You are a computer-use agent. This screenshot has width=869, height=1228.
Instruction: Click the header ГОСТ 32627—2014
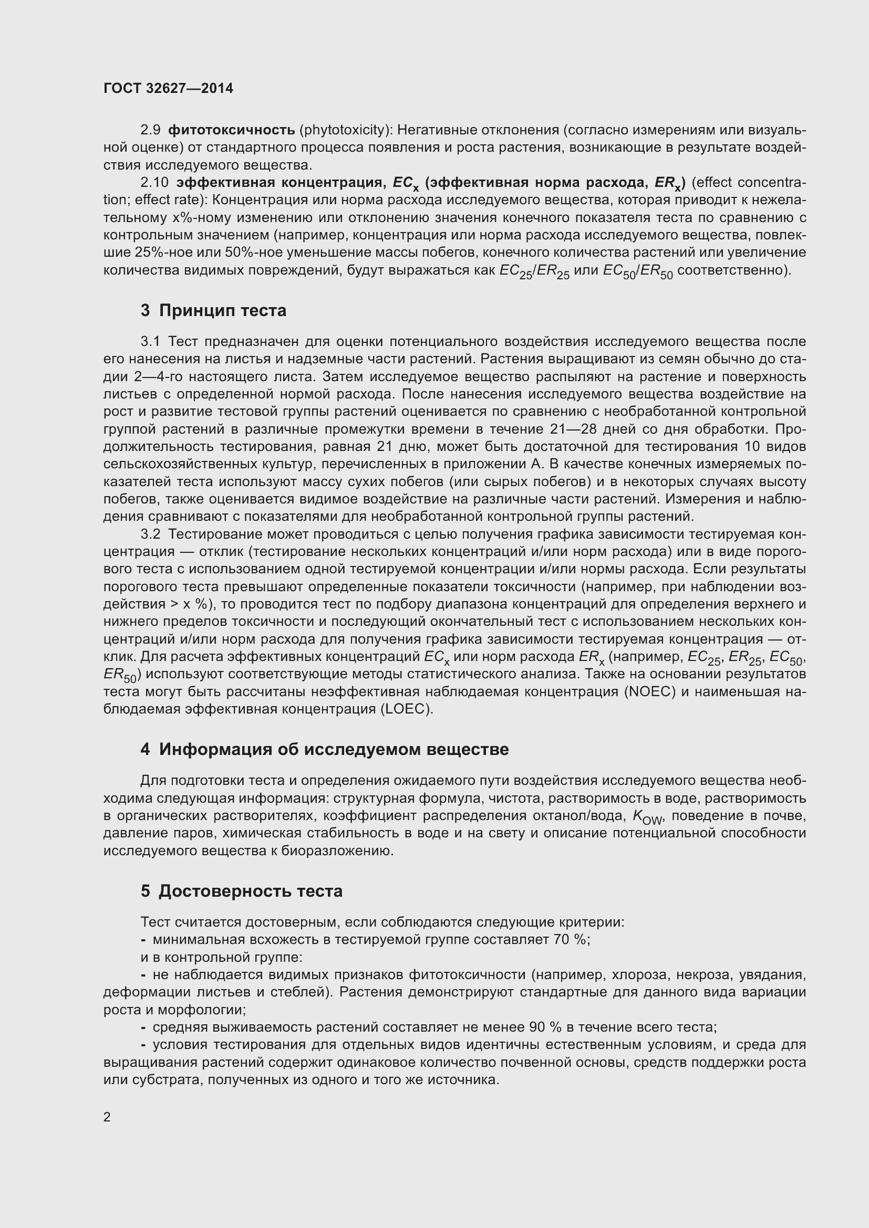[x=168, y=89]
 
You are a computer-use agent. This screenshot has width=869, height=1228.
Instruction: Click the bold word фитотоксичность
[x=231, y=130]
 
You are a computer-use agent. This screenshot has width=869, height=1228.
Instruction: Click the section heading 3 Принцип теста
[x=213, y=310]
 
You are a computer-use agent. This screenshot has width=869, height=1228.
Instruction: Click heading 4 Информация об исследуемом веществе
[x=324, y=749]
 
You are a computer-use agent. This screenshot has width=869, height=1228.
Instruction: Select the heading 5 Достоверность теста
[x=241, y=891]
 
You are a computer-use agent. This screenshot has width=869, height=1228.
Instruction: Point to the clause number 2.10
[x=154, y=182]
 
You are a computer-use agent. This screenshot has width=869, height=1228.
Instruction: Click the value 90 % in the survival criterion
[x=545, y=1027]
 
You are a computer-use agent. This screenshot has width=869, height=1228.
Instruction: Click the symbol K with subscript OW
[x=648, y=816]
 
